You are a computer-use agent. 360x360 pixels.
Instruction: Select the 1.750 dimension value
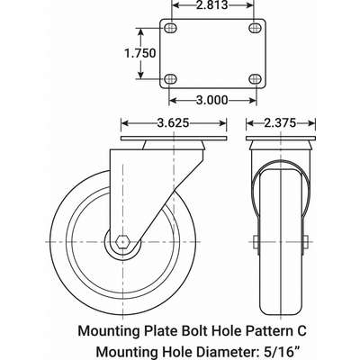click(139, 53)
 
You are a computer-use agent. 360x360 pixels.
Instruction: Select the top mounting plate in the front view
click(279, 140)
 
